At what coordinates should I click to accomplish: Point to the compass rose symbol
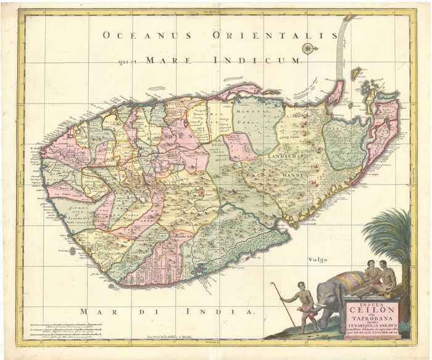307,47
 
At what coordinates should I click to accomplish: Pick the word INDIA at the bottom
221,311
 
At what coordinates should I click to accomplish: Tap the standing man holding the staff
304,305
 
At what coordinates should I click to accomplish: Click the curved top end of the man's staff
272,284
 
